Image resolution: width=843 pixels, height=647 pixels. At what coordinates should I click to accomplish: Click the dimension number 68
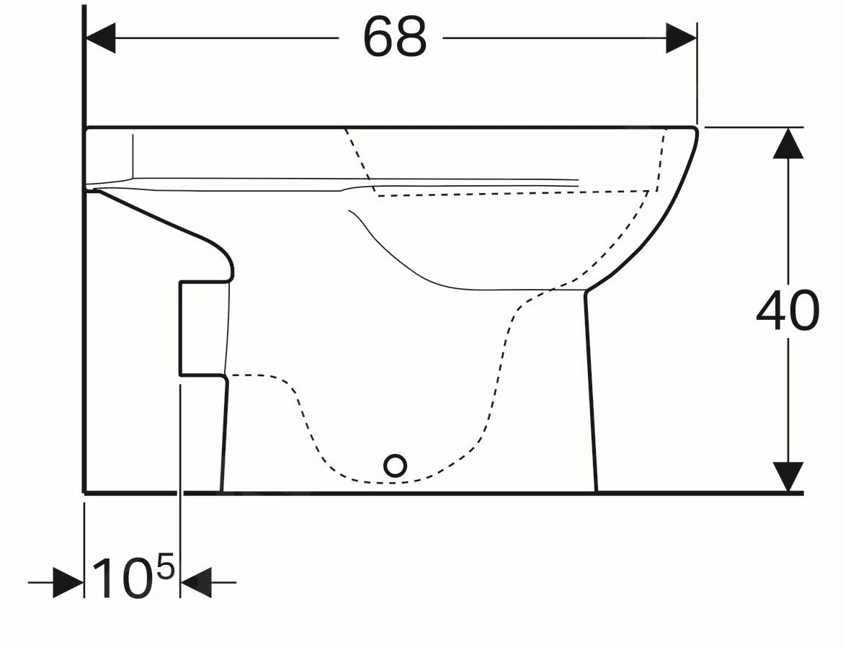pyautogui.click(x=395, y=37)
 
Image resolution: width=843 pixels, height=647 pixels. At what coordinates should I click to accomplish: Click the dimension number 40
pyautogui.click(x=788, y=311)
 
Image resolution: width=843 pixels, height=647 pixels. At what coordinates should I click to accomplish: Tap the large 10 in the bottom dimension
pyautogui.click(x=122, y=579)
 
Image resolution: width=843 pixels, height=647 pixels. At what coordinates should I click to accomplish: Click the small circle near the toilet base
pyautogui.click(x=395, y=466)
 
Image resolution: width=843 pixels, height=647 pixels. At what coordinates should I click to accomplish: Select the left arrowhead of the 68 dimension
pyautogui.click(x=101, y=37)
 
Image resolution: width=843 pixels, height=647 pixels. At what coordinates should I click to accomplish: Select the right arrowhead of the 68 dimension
pyautogui.click(x=681, y=37)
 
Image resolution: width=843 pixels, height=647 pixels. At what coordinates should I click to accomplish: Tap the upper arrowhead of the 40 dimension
pyautogui.click(x=788, y=143)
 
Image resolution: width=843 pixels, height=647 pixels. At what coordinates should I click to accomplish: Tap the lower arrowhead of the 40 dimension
pyautogui.click(x=788, y=477)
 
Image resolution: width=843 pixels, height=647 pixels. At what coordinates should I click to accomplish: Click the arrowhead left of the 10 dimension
pyautogui.click(x=68, y=582)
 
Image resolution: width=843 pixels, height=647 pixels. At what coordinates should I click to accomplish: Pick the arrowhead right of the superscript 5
pyautogui.click(x=196, y=582)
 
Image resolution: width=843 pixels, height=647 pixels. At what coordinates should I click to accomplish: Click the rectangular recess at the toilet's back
pyautogui.click(x=203, y=329)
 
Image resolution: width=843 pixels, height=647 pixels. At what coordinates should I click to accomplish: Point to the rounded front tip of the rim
pyautogui.click(x=695, y=131)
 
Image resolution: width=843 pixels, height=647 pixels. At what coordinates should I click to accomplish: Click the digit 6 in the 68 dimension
pyautogui.click(x=379, y=37)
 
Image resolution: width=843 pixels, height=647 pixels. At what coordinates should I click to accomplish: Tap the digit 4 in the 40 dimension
pyautogui.click(x=771, y=311)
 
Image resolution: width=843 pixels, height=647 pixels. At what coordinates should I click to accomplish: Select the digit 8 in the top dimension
pyautogui.click(x=411, y=37)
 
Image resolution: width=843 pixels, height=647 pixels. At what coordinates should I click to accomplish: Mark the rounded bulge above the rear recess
pyautogui.click(x=223, y=259)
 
